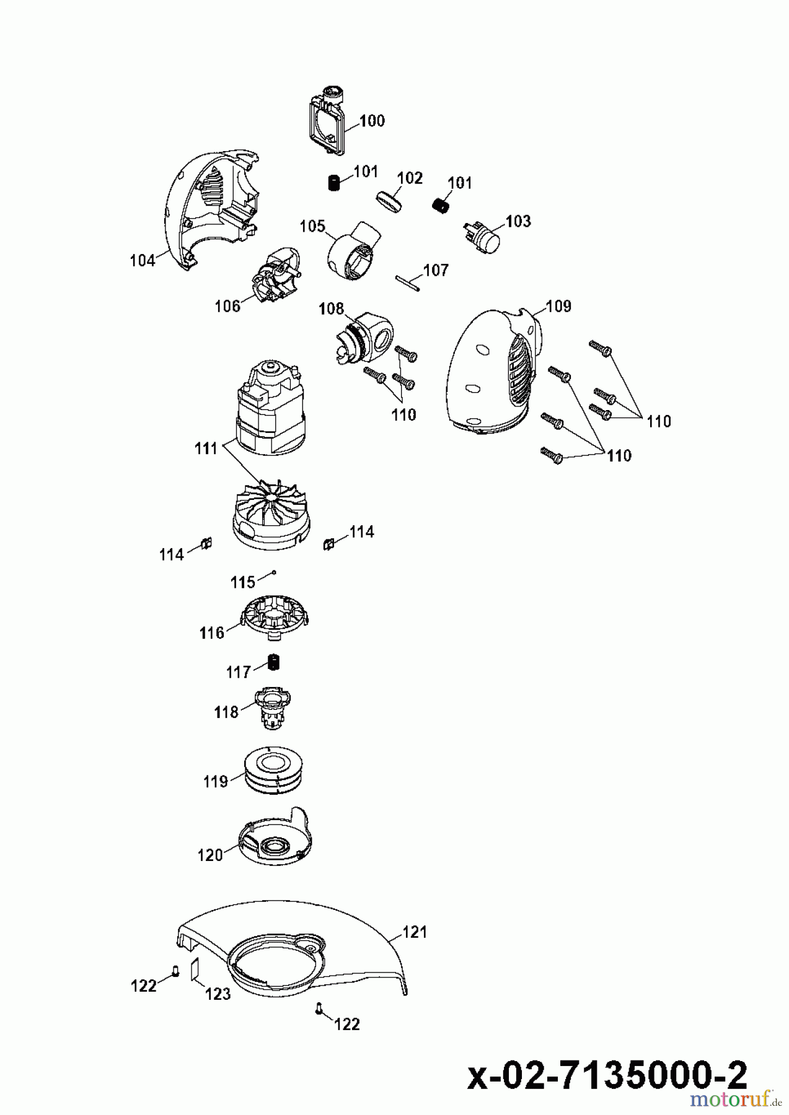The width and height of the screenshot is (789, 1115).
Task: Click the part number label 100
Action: point(372,120)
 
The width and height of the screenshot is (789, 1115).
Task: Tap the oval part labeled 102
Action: point(389,201)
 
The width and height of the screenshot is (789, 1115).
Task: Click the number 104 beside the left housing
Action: point(143,261)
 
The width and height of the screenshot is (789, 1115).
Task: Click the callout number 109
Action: point(558,306)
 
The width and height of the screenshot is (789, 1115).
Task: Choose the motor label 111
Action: point(206,448)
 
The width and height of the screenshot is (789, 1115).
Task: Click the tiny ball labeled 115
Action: point(273,574)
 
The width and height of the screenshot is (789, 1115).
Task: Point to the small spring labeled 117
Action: point(274,662)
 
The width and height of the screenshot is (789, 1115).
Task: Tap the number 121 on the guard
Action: point(415,931)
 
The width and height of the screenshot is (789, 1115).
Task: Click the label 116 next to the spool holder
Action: point(212,632)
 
